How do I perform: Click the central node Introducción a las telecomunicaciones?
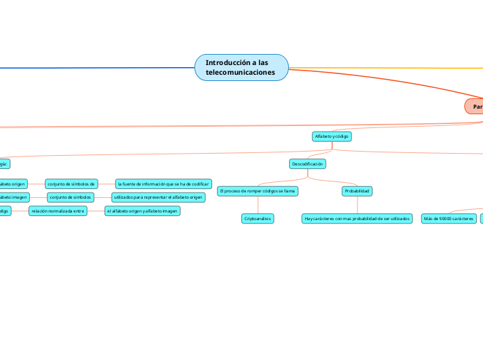(241, 67)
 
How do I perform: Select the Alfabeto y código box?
(332, 136)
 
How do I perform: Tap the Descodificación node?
(307, 164)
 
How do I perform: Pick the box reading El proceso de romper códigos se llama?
(258, 190)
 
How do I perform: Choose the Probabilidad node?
(358, 190)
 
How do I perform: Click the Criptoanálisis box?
(258, 219)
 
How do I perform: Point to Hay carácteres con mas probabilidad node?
(358, 219)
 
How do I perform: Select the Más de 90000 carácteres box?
(448, 219)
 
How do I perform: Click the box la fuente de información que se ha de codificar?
(164, 183)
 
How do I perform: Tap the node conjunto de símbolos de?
(71, 183)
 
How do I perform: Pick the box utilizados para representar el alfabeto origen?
(159, 197)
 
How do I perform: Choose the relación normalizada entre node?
(58, 211)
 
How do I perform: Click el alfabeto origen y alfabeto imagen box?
(142, 211)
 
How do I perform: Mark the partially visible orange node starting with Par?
(475, 107)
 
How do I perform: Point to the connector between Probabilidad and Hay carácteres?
(358, 205)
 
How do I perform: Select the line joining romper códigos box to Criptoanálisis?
(258, 205)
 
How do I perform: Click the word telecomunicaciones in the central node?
(240, 72)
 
